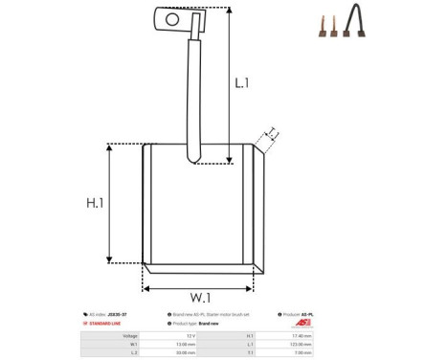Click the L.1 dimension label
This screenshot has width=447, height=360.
[x=242, y=83]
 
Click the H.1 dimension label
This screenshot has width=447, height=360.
[x=95, y=203]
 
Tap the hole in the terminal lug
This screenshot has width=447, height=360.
[x=172, y=17]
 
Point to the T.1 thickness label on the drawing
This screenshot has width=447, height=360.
[x=271, y=132]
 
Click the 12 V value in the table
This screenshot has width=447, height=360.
[x=190, y=336]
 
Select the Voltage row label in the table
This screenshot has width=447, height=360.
[x=131, y=336]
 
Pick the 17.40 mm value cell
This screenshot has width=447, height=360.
[x=300, y=336]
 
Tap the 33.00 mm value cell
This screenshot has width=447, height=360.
[x=188, y=352]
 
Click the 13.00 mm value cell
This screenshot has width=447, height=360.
[x=188, y=344]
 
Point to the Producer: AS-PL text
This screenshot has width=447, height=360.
[x=301, y=314]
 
